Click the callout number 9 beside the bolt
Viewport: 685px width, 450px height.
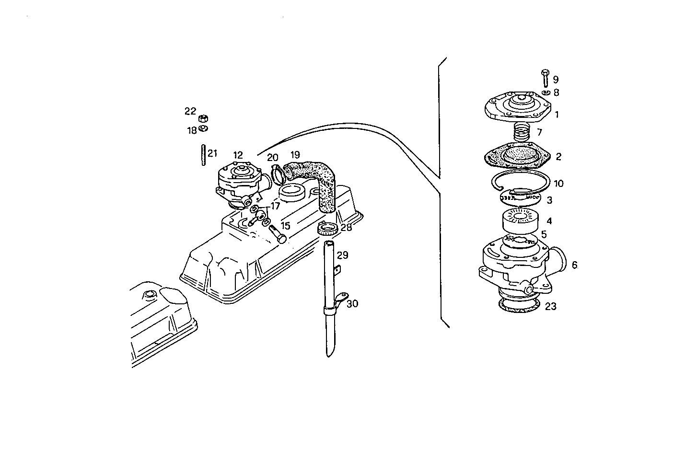(x=556, y=80)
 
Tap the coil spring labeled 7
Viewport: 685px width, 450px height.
(x=521, y=131)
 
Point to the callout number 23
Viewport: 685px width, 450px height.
(x=550, y=306)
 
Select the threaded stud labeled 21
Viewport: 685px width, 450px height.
(x=203, y=155)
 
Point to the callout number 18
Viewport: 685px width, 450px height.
(x=192, y=130)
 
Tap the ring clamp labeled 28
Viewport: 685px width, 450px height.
(x=327, y=230)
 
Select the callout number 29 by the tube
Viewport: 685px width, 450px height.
(x=342, y=255)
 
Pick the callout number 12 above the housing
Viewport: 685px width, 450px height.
(x=238, y=155)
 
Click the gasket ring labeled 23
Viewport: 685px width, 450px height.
(x=519, y=306)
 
